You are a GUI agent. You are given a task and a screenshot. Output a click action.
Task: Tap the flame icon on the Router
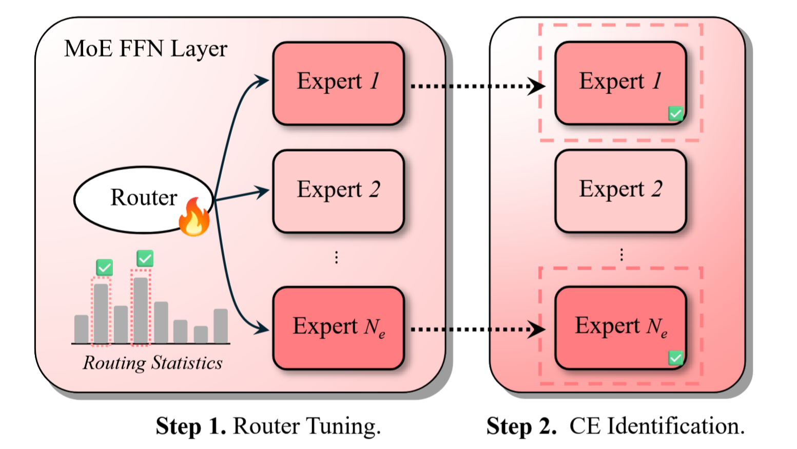[195, 218]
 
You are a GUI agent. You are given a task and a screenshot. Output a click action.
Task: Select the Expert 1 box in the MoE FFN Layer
[338, 83]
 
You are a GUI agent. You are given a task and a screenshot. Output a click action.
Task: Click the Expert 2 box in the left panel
[338, 191]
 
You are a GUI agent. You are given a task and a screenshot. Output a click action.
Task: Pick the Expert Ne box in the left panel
[338, 328]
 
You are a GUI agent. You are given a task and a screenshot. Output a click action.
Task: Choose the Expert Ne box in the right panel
[620, 328]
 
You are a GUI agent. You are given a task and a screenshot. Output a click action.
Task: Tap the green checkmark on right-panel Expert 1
[675, 114]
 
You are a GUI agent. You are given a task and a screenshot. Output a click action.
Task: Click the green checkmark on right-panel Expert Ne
[675, 358]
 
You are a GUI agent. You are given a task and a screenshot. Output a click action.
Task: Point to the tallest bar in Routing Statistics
[141, 310]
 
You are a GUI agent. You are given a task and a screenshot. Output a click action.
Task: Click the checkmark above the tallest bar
[145, 258]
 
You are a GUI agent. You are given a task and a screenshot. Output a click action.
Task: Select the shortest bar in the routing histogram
[201, 334]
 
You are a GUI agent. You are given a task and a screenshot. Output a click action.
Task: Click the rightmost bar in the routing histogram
[221, 326]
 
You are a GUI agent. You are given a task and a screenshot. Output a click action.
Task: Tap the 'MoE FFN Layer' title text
[146, 49]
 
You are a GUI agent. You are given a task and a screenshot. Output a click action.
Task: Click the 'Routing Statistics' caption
[152, 363]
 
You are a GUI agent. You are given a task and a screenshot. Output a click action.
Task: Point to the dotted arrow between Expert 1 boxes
[477, 86]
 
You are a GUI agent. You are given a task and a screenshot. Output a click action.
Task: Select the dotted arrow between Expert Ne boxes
[477, 329]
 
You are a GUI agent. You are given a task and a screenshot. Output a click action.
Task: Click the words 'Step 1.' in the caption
[191, 426]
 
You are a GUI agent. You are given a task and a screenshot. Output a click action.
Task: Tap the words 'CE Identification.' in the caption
[657, 426]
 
